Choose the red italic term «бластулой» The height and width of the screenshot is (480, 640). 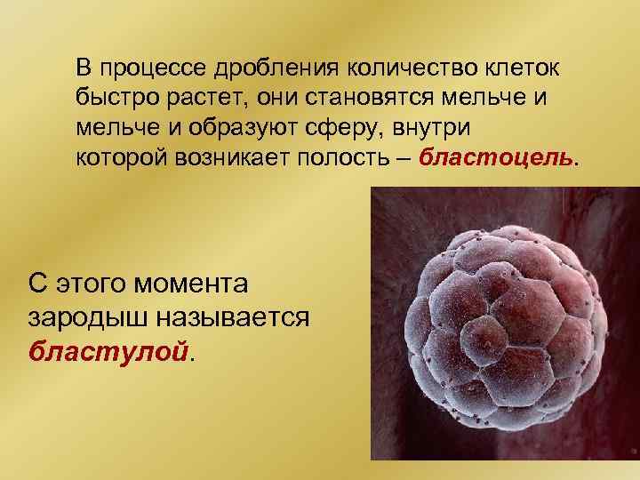click(108, 349)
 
